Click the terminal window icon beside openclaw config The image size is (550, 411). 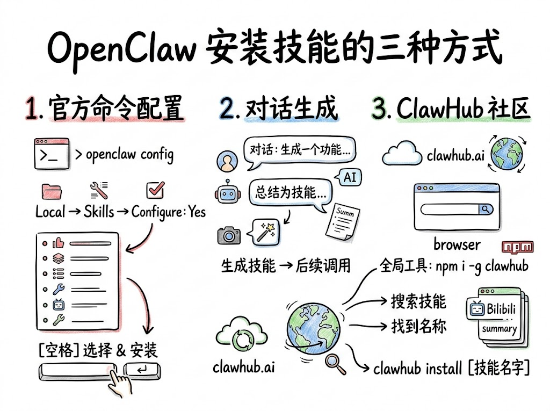(51, 154)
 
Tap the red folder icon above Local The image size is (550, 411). (51, 191)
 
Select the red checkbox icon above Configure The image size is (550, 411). (155, 190)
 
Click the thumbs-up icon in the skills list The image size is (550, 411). (58, 243)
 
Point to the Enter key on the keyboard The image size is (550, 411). (141, 370)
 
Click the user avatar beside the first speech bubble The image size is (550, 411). (226, 160)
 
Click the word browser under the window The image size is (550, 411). (457, 244)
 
